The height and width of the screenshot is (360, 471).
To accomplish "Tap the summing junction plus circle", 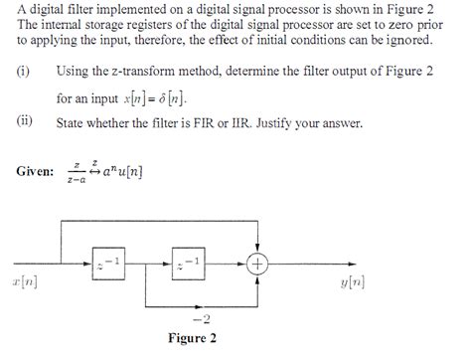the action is (x=258, y=264).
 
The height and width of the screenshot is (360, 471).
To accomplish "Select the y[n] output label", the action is (x=352, y=281).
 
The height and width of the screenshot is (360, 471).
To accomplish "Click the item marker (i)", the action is (x=23, y=72).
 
